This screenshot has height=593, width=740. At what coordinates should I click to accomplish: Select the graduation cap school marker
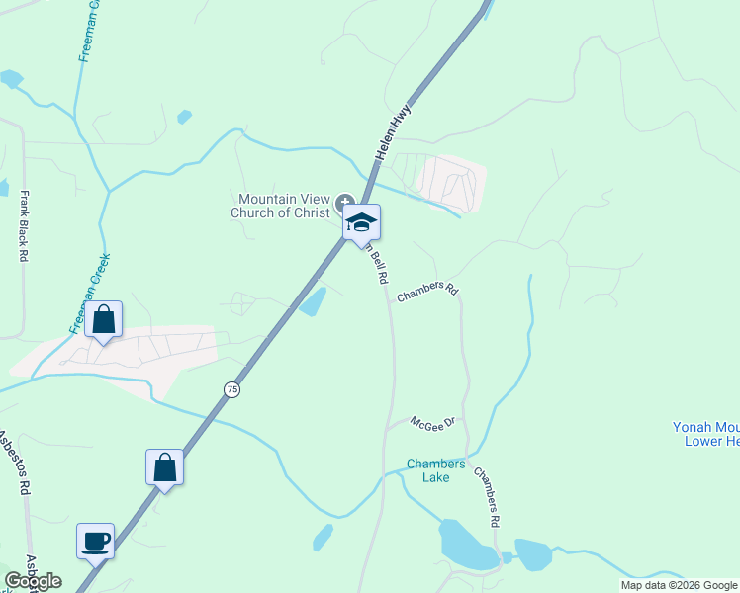pyautogui.click(x=362, y=222)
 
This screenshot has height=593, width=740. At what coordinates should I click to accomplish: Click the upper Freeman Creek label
pyautogui.click(x=84, y=32)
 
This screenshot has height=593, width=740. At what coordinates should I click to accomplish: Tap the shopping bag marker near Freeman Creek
pyautogui.click(x=103, y=320)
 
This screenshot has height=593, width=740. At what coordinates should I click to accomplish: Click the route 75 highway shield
pyautogui.click(x=231, y=389)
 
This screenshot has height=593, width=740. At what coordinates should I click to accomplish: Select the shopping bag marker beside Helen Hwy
pyautogui.click(x=164, y=468)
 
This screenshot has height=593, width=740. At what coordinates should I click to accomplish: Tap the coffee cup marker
pyautogui.click(x=96, y=542)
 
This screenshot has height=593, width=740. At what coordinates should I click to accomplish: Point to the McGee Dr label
pyautogui.click(x=431, y=423)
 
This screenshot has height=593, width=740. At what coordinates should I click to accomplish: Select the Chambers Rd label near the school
pyautogui.click(x=427, y=293)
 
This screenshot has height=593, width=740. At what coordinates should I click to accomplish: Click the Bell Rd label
pyautogui.click(x=377, y=265)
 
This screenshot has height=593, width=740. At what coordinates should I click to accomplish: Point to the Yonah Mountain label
pyautogui.click(x=705, y=434)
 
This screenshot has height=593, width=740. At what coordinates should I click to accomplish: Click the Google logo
pyautogui.click(x=33, y=581)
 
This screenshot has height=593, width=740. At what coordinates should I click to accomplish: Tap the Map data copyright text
pyautogui.click(x=679, y=585)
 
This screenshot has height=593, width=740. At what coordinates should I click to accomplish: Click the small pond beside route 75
pyautogui.click(x=313, y=300)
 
